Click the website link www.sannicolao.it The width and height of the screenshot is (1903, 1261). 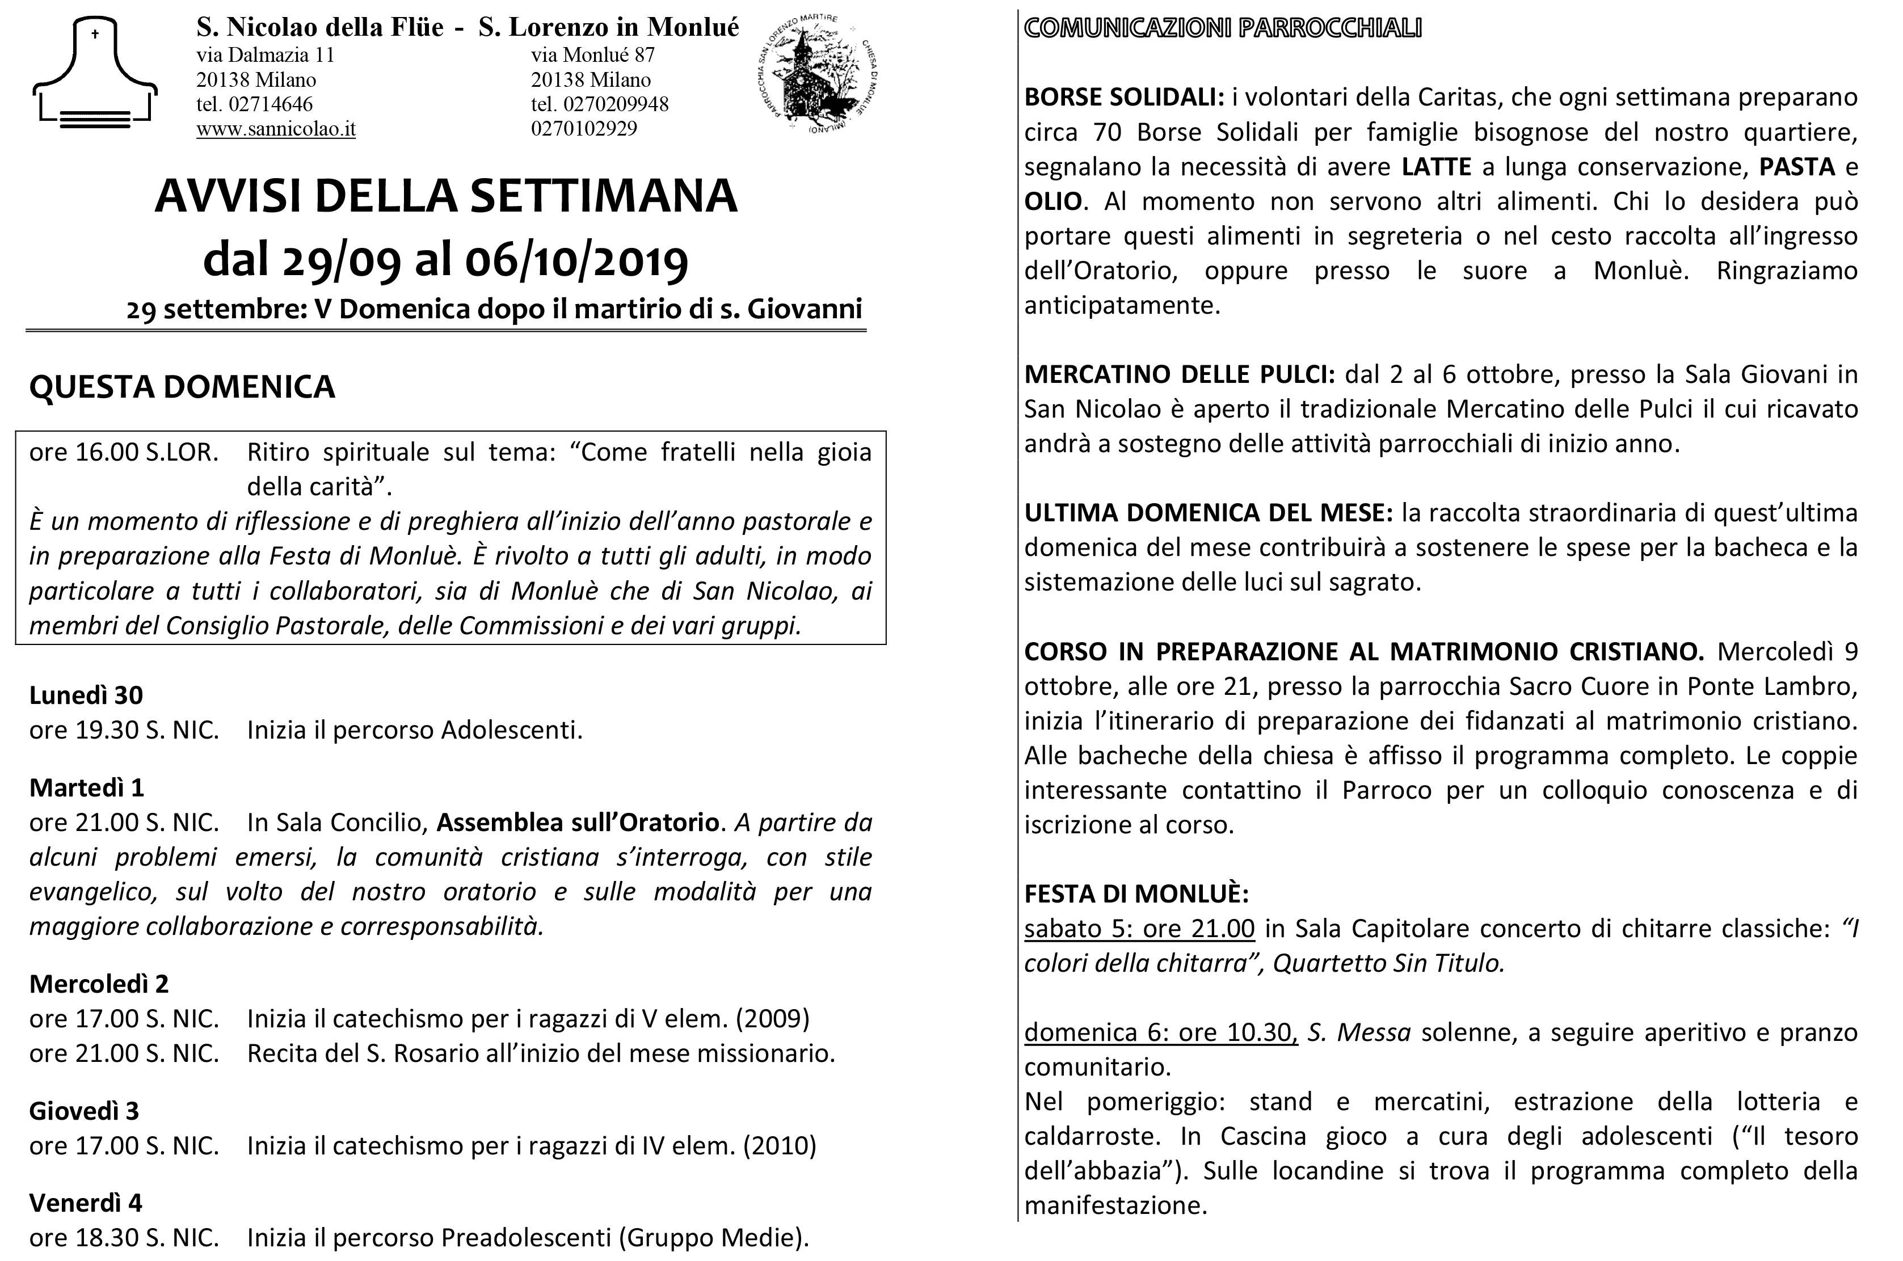[x=275, y=129]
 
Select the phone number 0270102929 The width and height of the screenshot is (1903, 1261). [x=583, y=129]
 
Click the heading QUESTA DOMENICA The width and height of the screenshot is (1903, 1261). [x=182, y=387]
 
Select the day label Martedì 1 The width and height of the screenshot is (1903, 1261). [x=86, y=787]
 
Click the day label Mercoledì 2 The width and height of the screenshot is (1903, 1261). [x=99, y=984]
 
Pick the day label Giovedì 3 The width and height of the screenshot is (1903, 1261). [x=83, y=1111]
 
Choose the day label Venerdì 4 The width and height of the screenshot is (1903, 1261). [x=85, y=1203]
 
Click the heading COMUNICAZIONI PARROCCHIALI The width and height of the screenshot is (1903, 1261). [x=1223, y=28]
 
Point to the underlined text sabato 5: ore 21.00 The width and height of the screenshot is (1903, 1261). [x=1139, y=928]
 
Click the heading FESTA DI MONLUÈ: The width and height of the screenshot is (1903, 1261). [x=1136, y=893]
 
